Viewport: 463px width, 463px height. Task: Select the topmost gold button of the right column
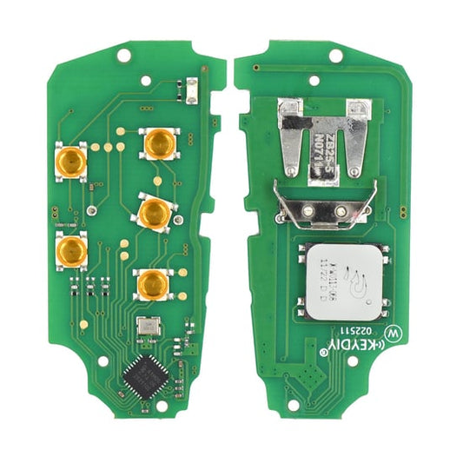[x=159, y=142]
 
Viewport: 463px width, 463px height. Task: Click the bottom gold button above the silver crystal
[x=153, y=283]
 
